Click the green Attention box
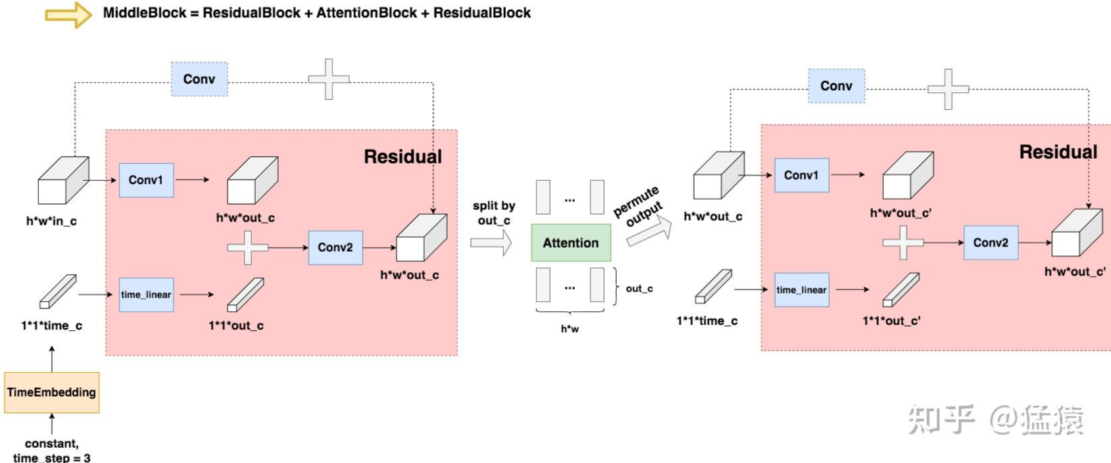(x=571, y=243)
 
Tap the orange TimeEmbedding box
(x=52, y=392)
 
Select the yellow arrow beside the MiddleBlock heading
(x=68, y=15)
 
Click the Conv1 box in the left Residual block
(x=146, y=180)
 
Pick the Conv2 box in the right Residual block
(x=991, y=243)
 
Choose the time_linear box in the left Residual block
(x=146, y=295)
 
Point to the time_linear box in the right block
(x=801, y=290)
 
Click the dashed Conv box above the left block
(x=199, y=79)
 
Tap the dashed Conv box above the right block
(x=837, y=86)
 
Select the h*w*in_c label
(x=51, y=221)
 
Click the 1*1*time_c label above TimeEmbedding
(x=51, y=325)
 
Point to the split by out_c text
(x=494, y=213)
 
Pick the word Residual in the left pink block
(x=403, y=157)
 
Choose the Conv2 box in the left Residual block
(x=335, y=247)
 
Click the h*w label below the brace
(x=570, y=329)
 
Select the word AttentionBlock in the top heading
(x=367, y=13)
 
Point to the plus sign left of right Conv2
(x=904, y=243)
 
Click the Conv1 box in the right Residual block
(x=801, y=175)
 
